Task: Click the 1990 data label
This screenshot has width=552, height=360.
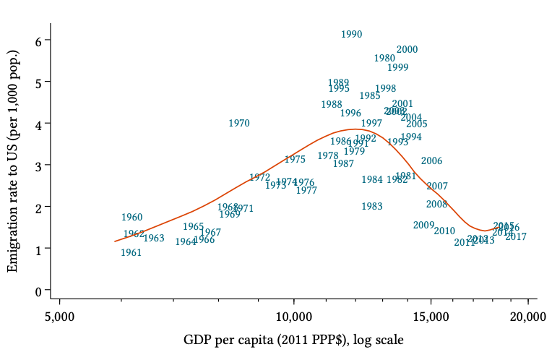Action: pos(351,34)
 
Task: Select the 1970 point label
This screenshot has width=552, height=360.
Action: pos(238,124)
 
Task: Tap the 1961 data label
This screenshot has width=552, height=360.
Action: pos(131,253)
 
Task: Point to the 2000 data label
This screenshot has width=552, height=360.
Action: pos(407,50)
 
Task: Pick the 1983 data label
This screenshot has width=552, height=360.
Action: pos(371,207)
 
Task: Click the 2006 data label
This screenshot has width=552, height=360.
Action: pos(431,161)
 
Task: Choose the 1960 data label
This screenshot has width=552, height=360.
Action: pos(131,218)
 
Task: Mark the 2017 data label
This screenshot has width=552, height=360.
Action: pos(515,237)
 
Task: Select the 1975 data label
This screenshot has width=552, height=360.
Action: pos(295,160)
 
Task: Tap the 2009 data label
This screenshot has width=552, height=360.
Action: pos(423,226)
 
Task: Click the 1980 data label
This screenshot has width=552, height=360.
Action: pos(384,59)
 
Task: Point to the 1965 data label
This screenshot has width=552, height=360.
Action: pos(193,227)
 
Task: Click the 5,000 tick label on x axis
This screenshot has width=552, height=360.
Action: pos(60,316)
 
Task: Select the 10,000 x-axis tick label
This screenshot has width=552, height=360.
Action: pos(293,316)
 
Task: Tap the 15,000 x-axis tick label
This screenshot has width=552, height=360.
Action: pos(431,316)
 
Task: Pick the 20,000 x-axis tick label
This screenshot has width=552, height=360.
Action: pos(527,316)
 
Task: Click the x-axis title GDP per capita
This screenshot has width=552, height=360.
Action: pos(293,340)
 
